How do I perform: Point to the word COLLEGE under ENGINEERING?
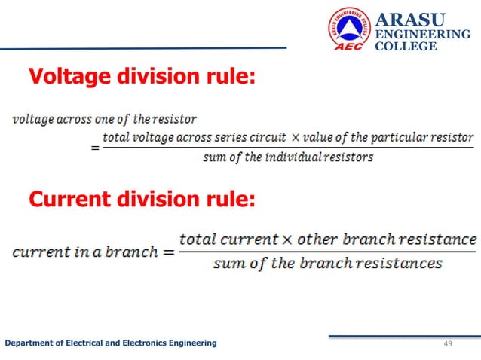pos(406,47)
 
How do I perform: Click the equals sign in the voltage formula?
pos(95,148)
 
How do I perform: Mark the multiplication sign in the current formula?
pos(287,240)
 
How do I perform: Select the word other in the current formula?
pos(317,240)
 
